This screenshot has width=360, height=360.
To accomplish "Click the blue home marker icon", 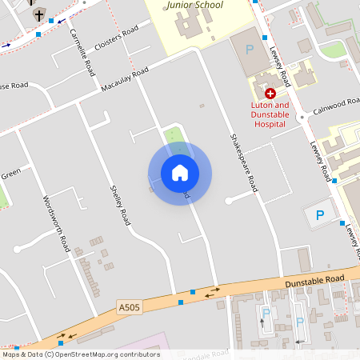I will tap(180, 173).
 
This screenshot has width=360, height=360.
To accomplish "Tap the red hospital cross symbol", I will tap(270, 94).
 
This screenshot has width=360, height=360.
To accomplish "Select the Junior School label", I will tap(196, 5).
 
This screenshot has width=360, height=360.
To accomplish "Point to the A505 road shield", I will tap(129, 307).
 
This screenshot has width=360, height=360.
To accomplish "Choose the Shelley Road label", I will tap(119, 205).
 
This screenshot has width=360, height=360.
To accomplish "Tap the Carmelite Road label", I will tap(82, 48).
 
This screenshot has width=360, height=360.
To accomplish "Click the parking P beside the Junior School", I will tap(249, 50).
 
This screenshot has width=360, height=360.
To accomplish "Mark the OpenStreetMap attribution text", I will tap(81, 354).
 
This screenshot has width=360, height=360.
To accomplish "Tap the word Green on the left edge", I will tap(10, 174).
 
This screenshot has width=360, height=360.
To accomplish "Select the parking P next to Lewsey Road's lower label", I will tap(320, 214).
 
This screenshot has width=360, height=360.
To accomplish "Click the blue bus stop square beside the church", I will tap(52, 20).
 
